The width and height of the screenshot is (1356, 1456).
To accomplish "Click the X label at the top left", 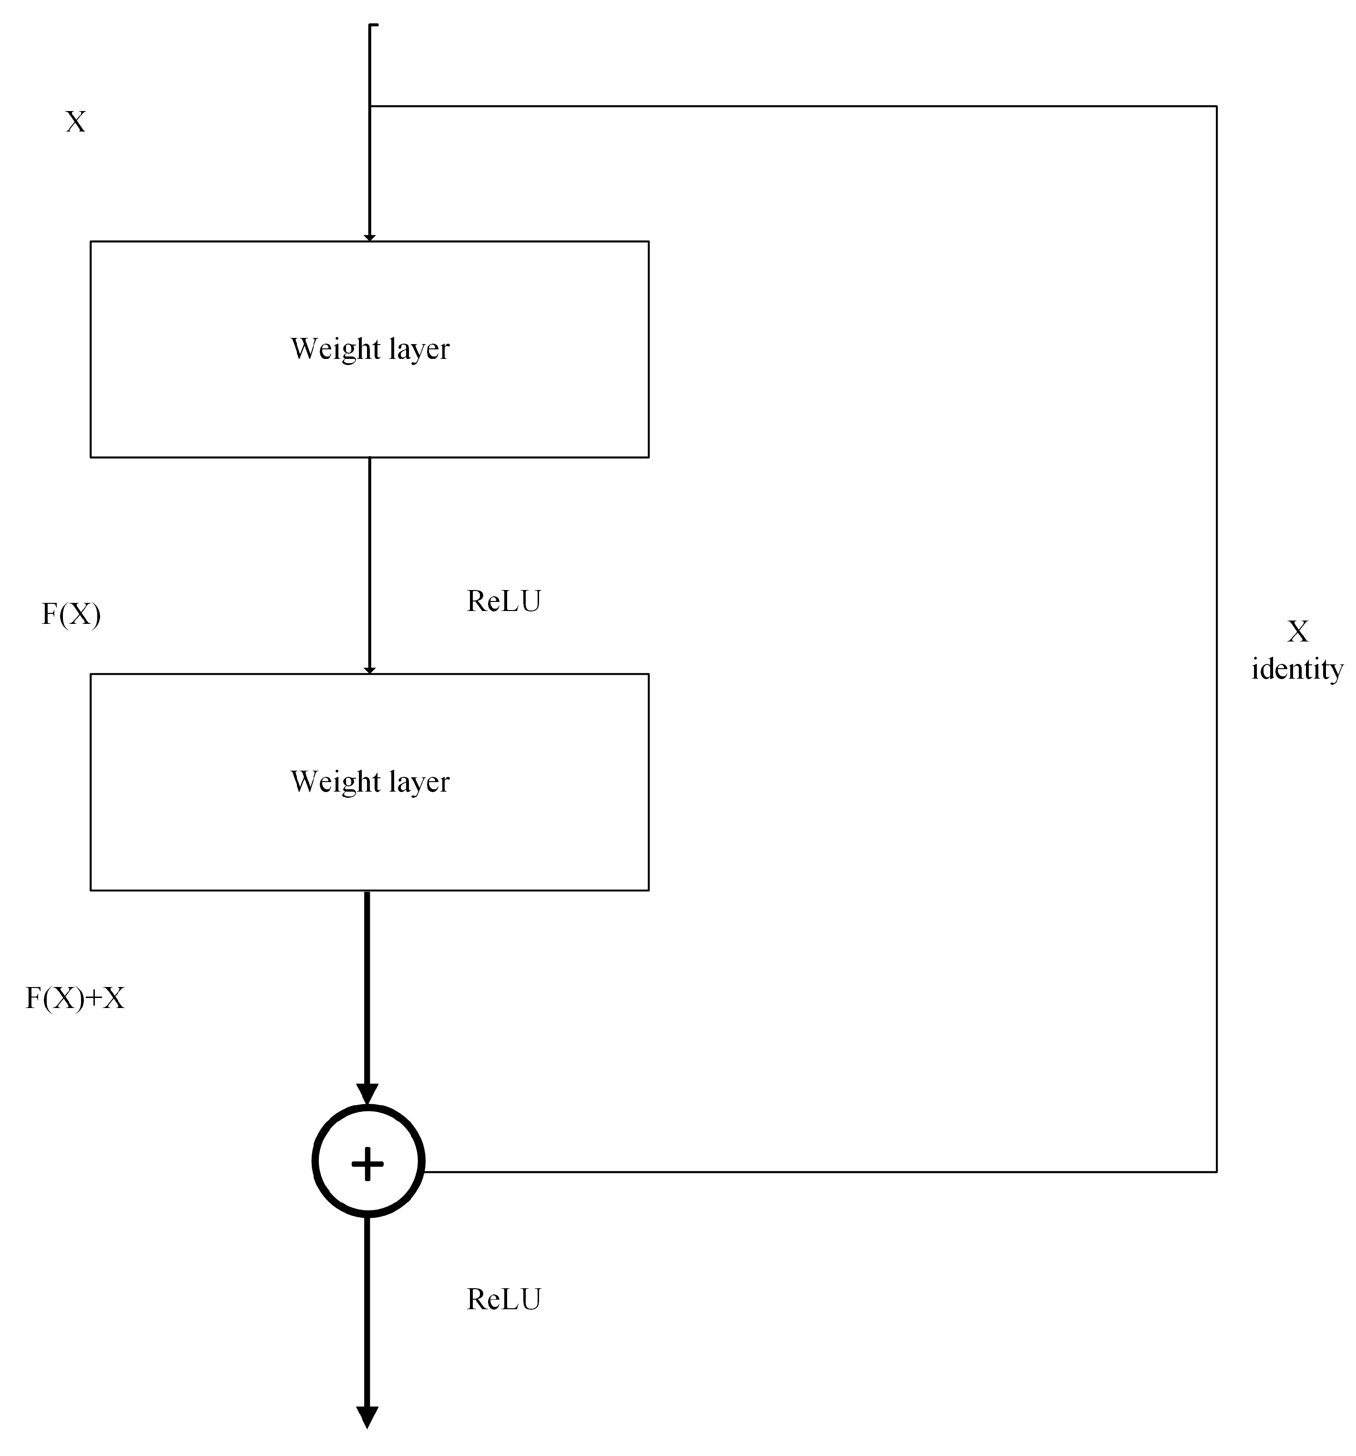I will (x=75, y=122).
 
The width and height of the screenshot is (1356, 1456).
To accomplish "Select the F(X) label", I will (x=71, y=614).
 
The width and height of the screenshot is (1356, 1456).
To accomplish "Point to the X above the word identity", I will (x=1297, y=631).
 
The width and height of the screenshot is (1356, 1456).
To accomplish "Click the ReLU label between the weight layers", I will (x=503, y=601).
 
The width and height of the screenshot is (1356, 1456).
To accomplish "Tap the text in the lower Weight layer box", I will (x=369, y=782).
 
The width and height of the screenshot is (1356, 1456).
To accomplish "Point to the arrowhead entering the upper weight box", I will (x=369, y=237).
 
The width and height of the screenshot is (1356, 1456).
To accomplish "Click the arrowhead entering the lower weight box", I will (x=369, y=670).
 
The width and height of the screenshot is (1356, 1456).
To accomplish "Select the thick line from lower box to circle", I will (x=367, y=989).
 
